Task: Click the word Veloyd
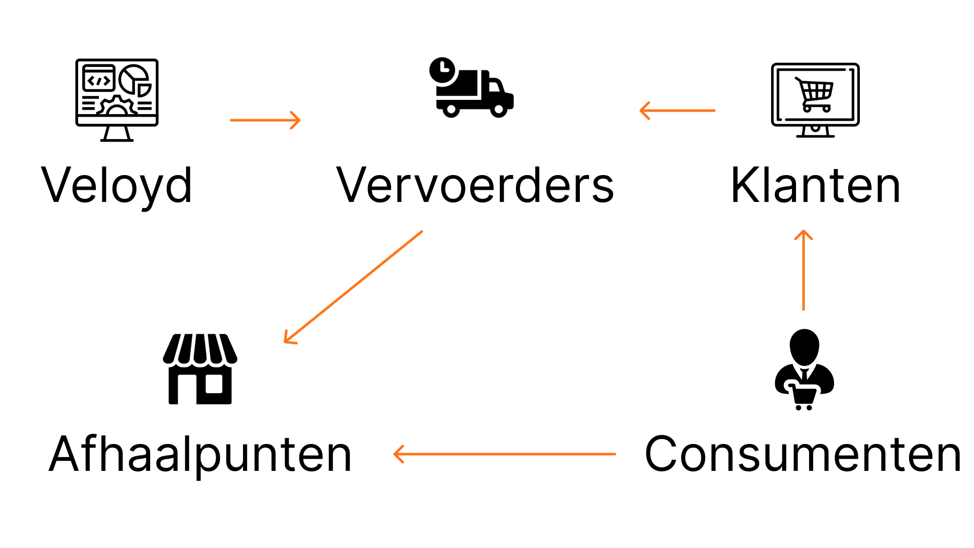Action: [x=117, y=186]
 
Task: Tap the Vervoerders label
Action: [x=475, y=186]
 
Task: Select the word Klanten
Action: [x=815, y=186]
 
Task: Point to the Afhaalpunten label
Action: [x=200, y=455]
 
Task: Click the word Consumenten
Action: [x=803, y=455]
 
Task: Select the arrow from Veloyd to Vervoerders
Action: [x=265, y=120]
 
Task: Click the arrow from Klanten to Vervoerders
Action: [x=677, y=110]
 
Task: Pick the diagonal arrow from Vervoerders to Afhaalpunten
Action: [x=353, y=287]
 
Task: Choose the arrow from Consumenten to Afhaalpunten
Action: [x=504, y=454]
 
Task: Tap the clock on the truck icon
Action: [x=443, y=70]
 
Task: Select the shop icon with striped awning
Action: [x=200, y=369]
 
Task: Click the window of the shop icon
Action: [x=214, y=384]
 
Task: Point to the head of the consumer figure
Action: [x=804, y=346]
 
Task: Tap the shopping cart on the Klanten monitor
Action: [x=815, y=94]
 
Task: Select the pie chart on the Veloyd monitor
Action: [x=134, y=79]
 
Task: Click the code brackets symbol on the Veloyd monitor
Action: [x=99, y=80]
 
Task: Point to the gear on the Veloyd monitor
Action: [x=117, y=107]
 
